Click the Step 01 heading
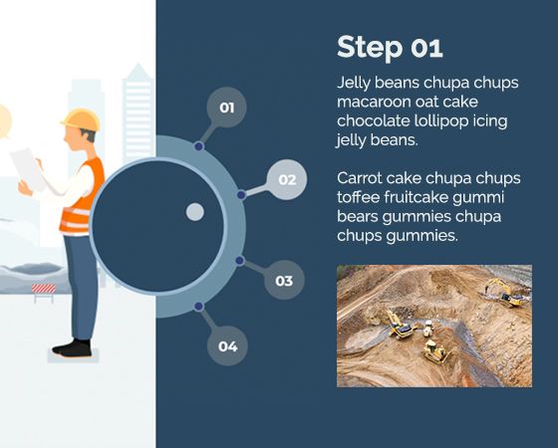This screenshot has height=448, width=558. pos(390,48)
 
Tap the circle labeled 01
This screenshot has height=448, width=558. pos(227,108)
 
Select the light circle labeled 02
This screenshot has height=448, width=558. pos(287,179)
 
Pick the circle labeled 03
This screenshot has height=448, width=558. pos(284,280)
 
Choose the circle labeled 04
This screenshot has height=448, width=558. pos(227,345)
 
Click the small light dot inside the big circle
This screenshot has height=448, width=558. pos(195,212)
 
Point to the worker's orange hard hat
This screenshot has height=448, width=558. pos(81,119)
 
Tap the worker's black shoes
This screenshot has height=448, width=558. pos(72,347)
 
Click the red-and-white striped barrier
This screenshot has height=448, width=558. pos(44,289)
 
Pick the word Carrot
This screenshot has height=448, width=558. pos(359,178)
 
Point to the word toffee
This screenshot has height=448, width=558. pos(359,197)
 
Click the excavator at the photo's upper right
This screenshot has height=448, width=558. pos(505,293)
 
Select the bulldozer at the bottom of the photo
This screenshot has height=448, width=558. pos(436,351)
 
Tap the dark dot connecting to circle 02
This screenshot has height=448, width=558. pos(241,195)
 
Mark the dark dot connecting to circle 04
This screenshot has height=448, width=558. pos(199,307)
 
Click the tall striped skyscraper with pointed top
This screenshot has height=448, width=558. pos(138,113)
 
